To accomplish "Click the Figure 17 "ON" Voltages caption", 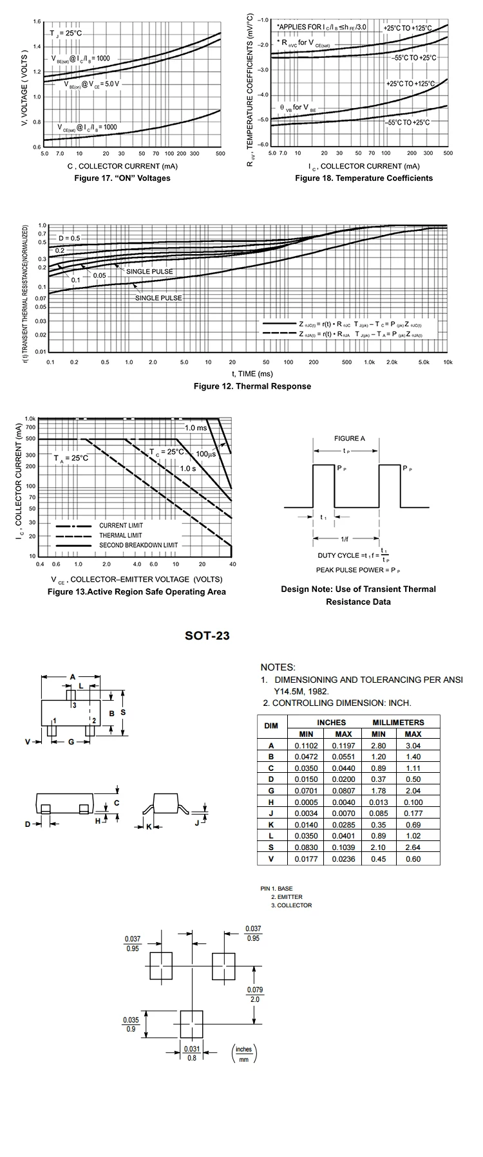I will [x=122, y=178].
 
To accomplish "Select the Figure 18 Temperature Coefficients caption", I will [x=364, y=178].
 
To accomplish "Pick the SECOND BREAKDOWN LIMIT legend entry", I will [x=138, y=545].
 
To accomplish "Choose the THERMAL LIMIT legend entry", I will [x=120, y=535].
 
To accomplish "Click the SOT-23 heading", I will [x=207, y=636].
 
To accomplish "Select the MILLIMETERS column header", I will [x=398, y=722].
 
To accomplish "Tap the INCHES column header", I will [x=331, y=722].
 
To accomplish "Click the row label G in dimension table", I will [x=271, y=790].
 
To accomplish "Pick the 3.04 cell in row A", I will [x=413, y=745].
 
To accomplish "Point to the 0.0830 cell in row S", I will [x=307, y=847].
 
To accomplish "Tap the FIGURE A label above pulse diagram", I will [x=349, y=438].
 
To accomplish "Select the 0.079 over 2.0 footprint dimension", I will [x=255, y=994].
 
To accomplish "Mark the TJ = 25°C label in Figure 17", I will [x=66, y=33].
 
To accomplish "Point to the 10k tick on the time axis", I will [x=448, y=362].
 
